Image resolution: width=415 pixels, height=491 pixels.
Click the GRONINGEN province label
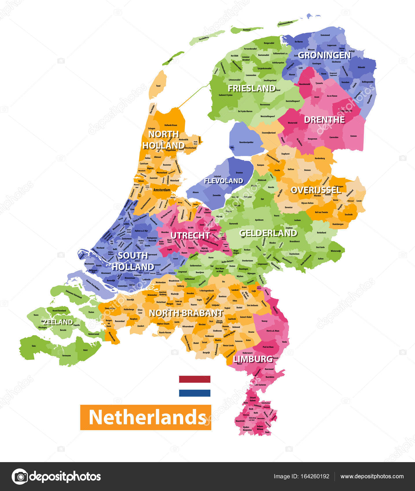click(324, 55)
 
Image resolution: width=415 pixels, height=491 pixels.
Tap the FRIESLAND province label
click(251, 88)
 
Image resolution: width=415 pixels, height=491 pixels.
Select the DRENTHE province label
click(324, 120)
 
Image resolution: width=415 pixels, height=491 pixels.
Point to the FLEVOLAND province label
click(224, 181)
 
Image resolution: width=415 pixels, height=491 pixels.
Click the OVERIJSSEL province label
click(316, 190)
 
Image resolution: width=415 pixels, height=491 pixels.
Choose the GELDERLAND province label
click(268, 233)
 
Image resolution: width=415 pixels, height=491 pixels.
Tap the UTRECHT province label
click(190, 236)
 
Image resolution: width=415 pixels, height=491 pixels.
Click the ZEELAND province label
click(58, 322)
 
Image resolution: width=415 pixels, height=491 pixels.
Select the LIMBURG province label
click(253, 359)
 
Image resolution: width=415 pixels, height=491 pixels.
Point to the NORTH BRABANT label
click(186, 313)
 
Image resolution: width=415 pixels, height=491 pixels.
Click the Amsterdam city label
click(162, 190)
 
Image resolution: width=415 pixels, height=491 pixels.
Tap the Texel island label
click(158, 86)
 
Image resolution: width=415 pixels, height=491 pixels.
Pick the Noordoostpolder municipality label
click(246, 142)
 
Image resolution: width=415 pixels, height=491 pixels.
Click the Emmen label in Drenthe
click(353, 136)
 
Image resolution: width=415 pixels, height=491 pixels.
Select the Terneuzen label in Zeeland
click(66, 356)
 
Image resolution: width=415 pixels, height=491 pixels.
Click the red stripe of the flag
click(194, 379)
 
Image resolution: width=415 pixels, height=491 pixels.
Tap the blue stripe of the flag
click(194, 393)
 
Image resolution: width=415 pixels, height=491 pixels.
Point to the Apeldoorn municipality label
click(259, 220)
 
